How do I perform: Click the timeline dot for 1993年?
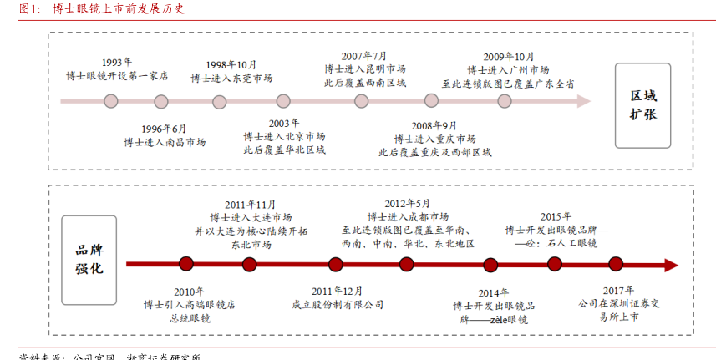pyautogui.click(x=111, y=101)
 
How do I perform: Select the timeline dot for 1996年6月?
pyautogui.click(x=161, y=101)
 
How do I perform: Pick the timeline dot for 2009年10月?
pyautogui.click(x=505, y=101)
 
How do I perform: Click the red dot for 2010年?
pyautogui.click(x=186, y=265)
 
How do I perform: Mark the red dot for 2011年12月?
pyautogui.click(x=336, y=265)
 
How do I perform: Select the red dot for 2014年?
pyautogui.click(x=490, y=265)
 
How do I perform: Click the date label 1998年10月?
pyautogui.click(x=231, y=64)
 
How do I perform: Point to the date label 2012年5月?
pyautogui.click(x=408, y=203)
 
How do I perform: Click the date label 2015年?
pyautogui.click(x=556, y=215)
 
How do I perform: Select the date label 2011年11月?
pyautogui.click(x=250, y=205)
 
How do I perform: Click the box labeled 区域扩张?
pyautogui.click(x=643, y=105)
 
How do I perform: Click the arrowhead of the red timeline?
pyautogui.click(x=670, y=265)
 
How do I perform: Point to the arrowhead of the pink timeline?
pyautogui.click(x=584, y=101)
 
